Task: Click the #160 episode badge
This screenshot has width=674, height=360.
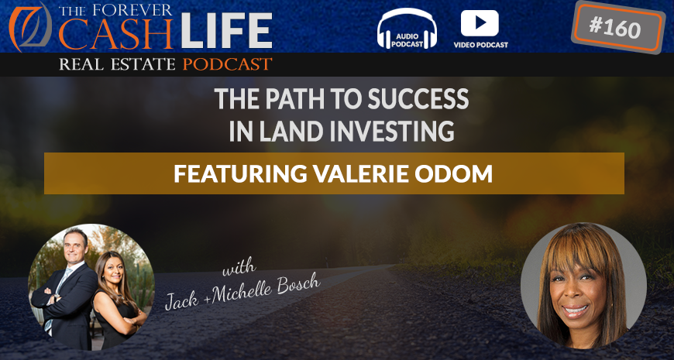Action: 618,27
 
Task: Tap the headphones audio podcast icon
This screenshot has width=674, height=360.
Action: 407,28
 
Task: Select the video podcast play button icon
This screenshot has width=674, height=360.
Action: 480,23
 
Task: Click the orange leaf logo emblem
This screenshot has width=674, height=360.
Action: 30,26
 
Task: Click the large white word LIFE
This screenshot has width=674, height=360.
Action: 226,31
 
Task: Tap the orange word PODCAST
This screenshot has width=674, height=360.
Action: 228,64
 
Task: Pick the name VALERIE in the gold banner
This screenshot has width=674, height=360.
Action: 371,173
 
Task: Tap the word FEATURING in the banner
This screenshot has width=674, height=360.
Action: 240,173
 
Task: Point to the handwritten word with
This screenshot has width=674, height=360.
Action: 239,267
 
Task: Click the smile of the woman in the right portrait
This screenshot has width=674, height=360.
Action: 576,310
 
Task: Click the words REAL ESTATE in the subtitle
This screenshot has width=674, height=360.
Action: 117,65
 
